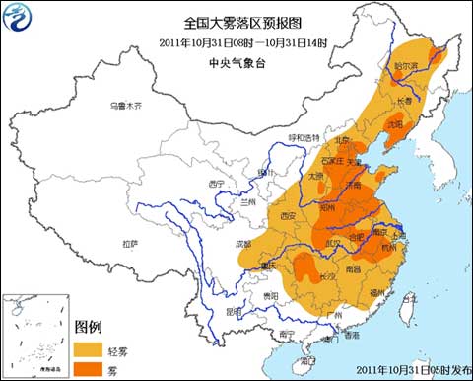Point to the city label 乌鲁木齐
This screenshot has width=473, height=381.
pyautogui.click(x=126, y=106)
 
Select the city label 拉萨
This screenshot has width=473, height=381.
pyautogui.click(x=129, y=243)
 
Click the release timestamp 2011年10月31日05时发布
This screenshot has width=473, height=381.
pyautogui.click(x=404, y=371)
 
